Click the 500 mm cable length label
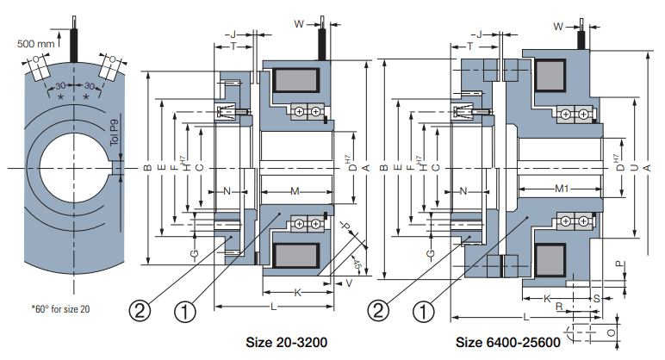(x=36, y=41)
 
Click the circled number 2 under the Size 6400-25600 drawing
(x=376, y=307)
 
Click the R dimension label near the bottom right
(x=559, y=306)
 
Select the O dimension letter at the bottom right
(x=611, y=331)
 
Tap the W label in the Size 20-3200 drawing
(x=299, y=26)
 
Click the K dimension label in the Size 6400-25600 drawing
(x=547, y=297)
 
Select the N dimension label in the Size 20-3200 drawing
(x=227, y=190)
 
